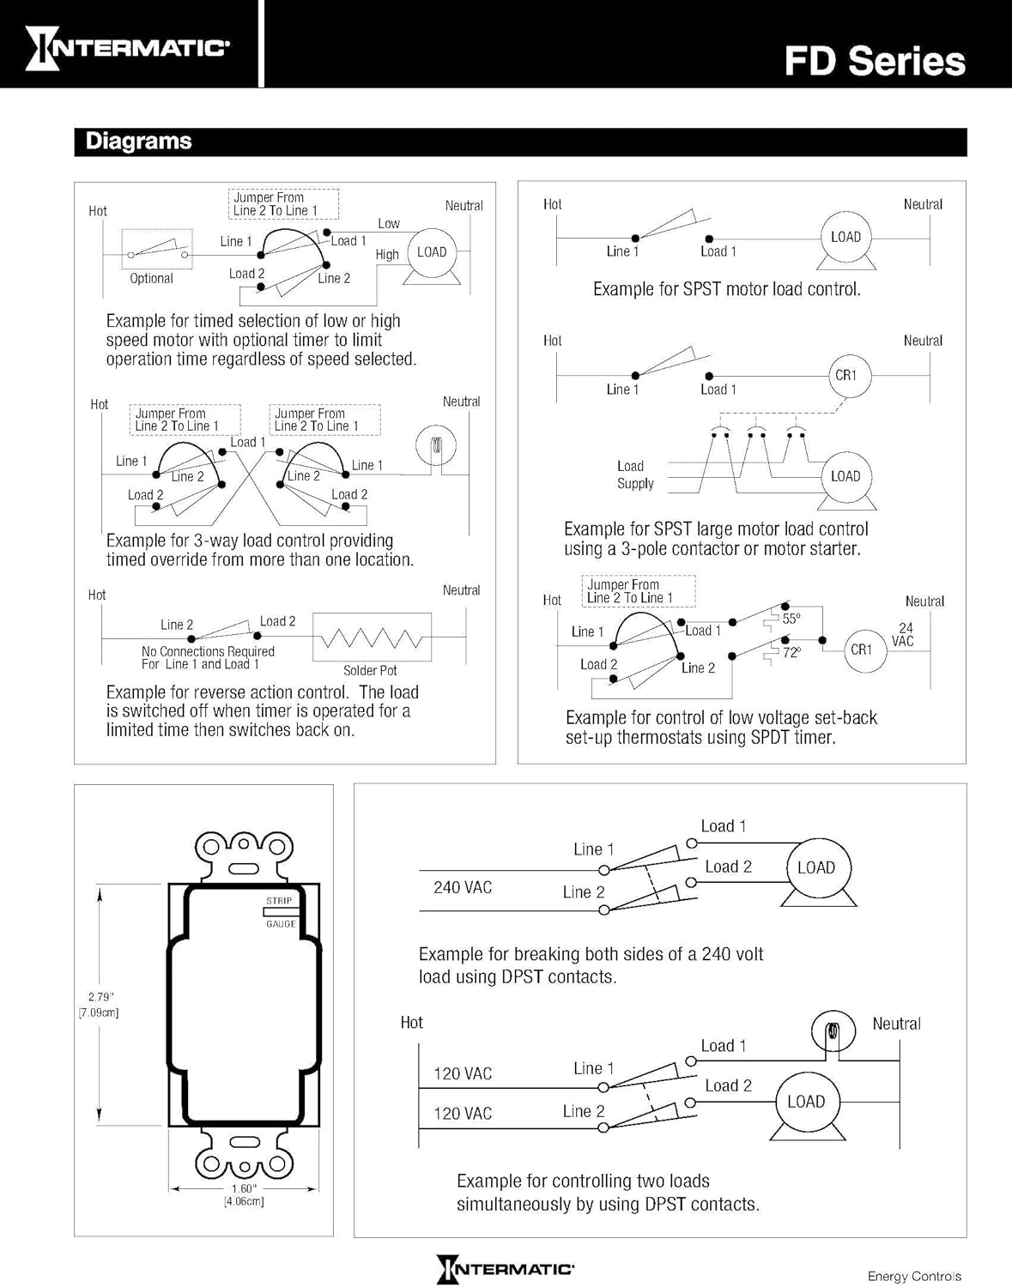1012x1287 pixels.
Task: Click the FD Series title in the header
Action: (x=875, y=62)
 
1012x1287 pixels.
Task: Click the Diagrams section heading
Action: (x=139, y=141)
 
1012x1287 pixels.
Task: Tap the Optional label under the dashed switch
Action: (x=152, y=278)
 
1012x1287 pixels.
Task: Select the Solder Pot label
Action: (x=370, y=670)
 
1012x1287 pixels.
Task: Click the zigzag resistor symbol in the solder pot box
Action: (x=372, y=637)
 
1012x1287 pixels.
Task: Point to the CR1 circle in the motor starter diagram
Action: (x=849, y=376)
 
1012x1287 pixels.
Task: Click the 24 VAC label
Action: (x=903, y=634)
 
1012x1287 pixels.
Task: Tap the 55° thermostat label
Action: (x=791, y=619)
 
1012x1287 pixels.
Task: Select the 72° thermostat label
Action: (x=791, y=652)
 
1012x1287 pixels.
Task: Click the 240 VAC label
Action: (x=463, y=887)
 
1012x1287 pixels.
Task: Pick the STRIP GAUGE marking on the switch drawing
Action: (x=280, y=912)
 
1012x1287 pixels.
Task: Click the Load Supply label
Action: (x=635, y=475)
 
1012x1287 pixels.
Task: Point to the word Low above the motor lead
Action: (x=389, y=223)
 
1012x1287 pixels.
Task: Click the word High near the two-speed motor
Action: (x=387, y=255)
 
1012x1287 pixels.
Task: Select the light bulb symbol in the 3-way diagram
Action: (x=436, y=445)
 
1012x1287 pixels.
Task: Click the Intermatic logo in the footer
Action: (x=506, y=1269)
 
